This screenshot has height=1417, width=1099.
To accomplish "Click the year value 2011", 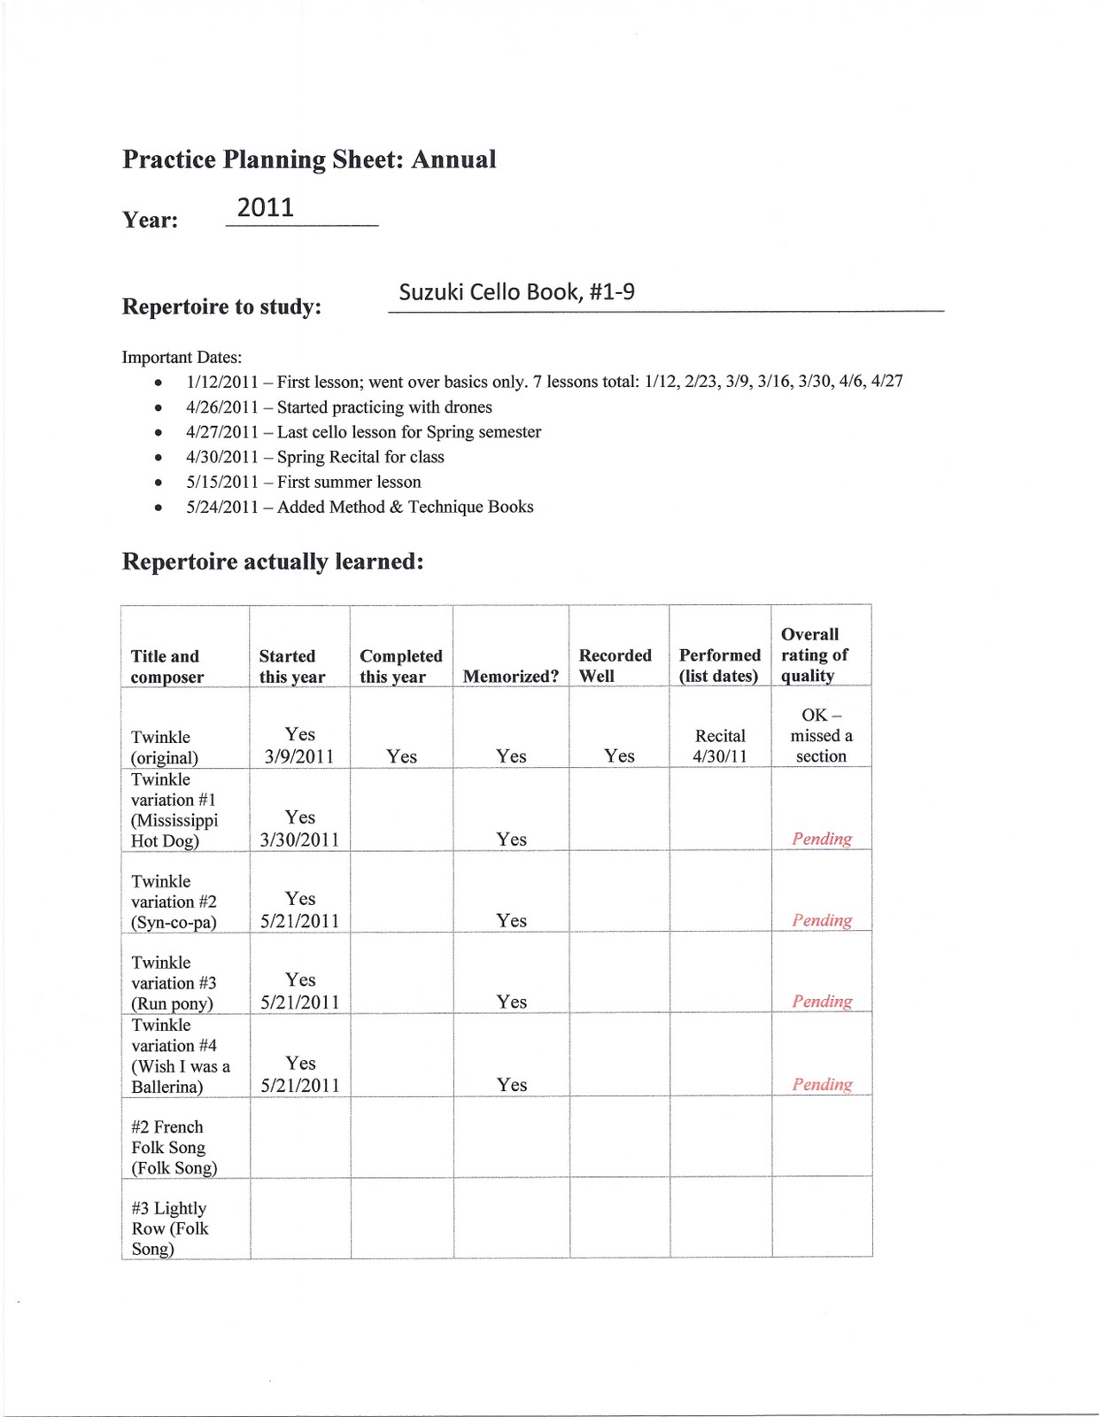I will pyautogui.click(x=266, y=208).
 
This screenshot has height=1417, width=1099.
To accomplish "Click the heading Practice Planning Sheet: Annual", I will pyautogui.click(x=309, y=159).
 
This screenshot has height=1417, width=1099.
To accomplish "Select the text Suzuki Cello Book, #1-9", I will pyautogui.click(x=516, y=292).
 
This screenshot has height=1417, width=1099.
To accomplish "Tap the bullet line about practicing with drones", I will pyautogui.click(x=339, y=407).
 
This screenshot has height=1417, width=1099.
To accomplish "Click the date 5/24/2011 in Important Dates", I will pyautogui.click(x=221, y=507).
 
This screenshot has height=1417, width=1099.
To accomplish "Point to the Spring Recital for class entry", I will pyautogui.click(x=360, y=457).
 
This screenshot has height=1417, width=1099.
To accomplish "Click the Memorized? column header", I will pyautogui.click(x=511, y=677).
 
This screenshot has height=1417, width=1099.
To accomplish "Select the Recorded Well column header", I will pyautogui.click(x=615, y=665).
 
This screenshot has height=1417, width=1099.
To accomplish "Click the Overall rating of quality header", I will pyautogui.click(x=814, y=654).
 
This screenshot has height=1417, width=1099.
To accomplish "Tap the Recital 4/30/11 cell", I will pyautogui.click(x=720, y=746).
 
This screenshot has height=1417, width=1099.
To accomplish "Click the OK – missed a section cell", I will pyautogui.click(x=821, y=735).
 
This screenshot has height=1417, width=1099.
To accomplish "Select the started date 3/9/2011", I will pyautogui.click(x=299, y=757).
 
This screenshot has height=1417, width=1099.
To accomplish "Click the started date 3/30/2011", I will pyautogui.click(x=299, y=840).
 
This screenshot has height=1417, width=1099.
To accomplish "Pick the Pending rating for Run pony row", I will pyautogui.click(x=822, y=1002).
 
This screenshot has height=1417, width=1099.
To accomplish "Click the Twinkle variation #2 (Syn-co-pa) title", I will pyautogui.click(x=174, y=902).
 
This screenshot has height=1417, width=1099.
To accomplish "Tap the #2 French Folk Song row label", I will pyautogui.click(x=174, y=1147).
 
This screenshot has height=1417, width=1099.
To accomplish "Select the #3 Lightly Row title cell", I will pyautogui.click(x=169, y=1228).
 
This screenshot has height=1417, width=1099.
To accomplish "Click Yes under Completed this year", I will pyautogui.click(x=401, y=756).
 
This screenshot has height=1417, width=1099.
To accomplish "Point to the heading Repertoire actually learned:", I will pyautogui.click(x=273, y=561).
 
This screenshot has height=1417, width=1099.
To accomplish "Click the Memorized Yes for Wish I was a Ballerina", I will pyautogui.click(x=511, y=1085).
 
